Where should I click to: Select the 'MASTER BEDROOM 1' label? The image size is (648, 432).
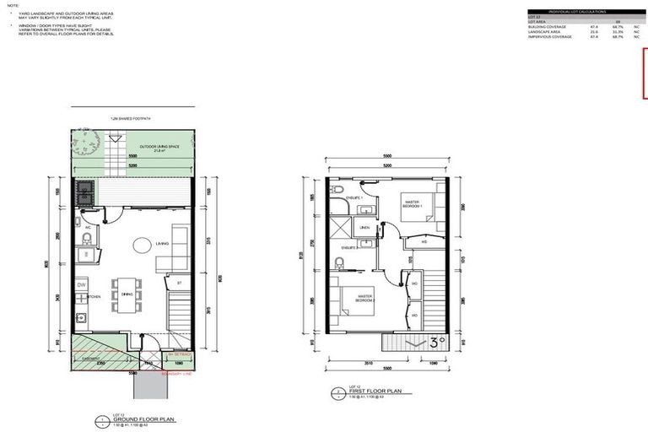[x=412, y=203]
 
